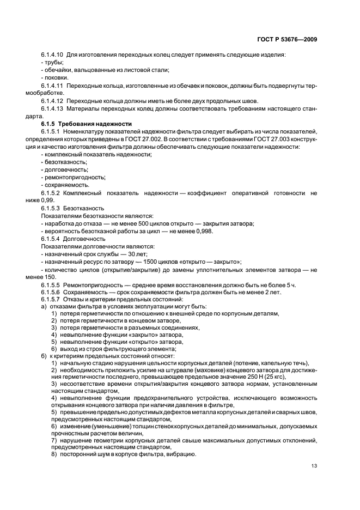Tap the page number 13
point(314,465)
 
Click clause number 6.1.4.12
point(52,101)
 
